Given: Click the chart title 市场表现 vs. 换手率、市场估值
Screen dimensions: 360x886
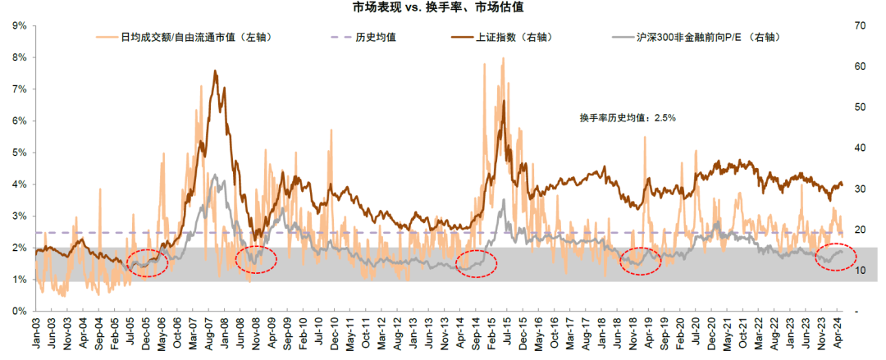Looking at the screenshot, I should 443,7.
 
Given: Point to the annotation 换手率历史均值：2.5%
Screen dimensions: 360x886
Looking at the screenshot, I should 627,118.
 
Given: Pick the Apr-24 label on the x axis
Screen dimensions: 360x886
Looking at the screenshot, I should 838,333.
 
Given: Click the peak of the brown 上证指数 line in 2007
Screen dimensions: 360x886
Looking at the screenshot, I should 215,71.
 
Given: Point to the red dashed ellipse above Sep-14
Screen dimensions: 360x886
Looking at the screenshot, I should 476,262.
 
